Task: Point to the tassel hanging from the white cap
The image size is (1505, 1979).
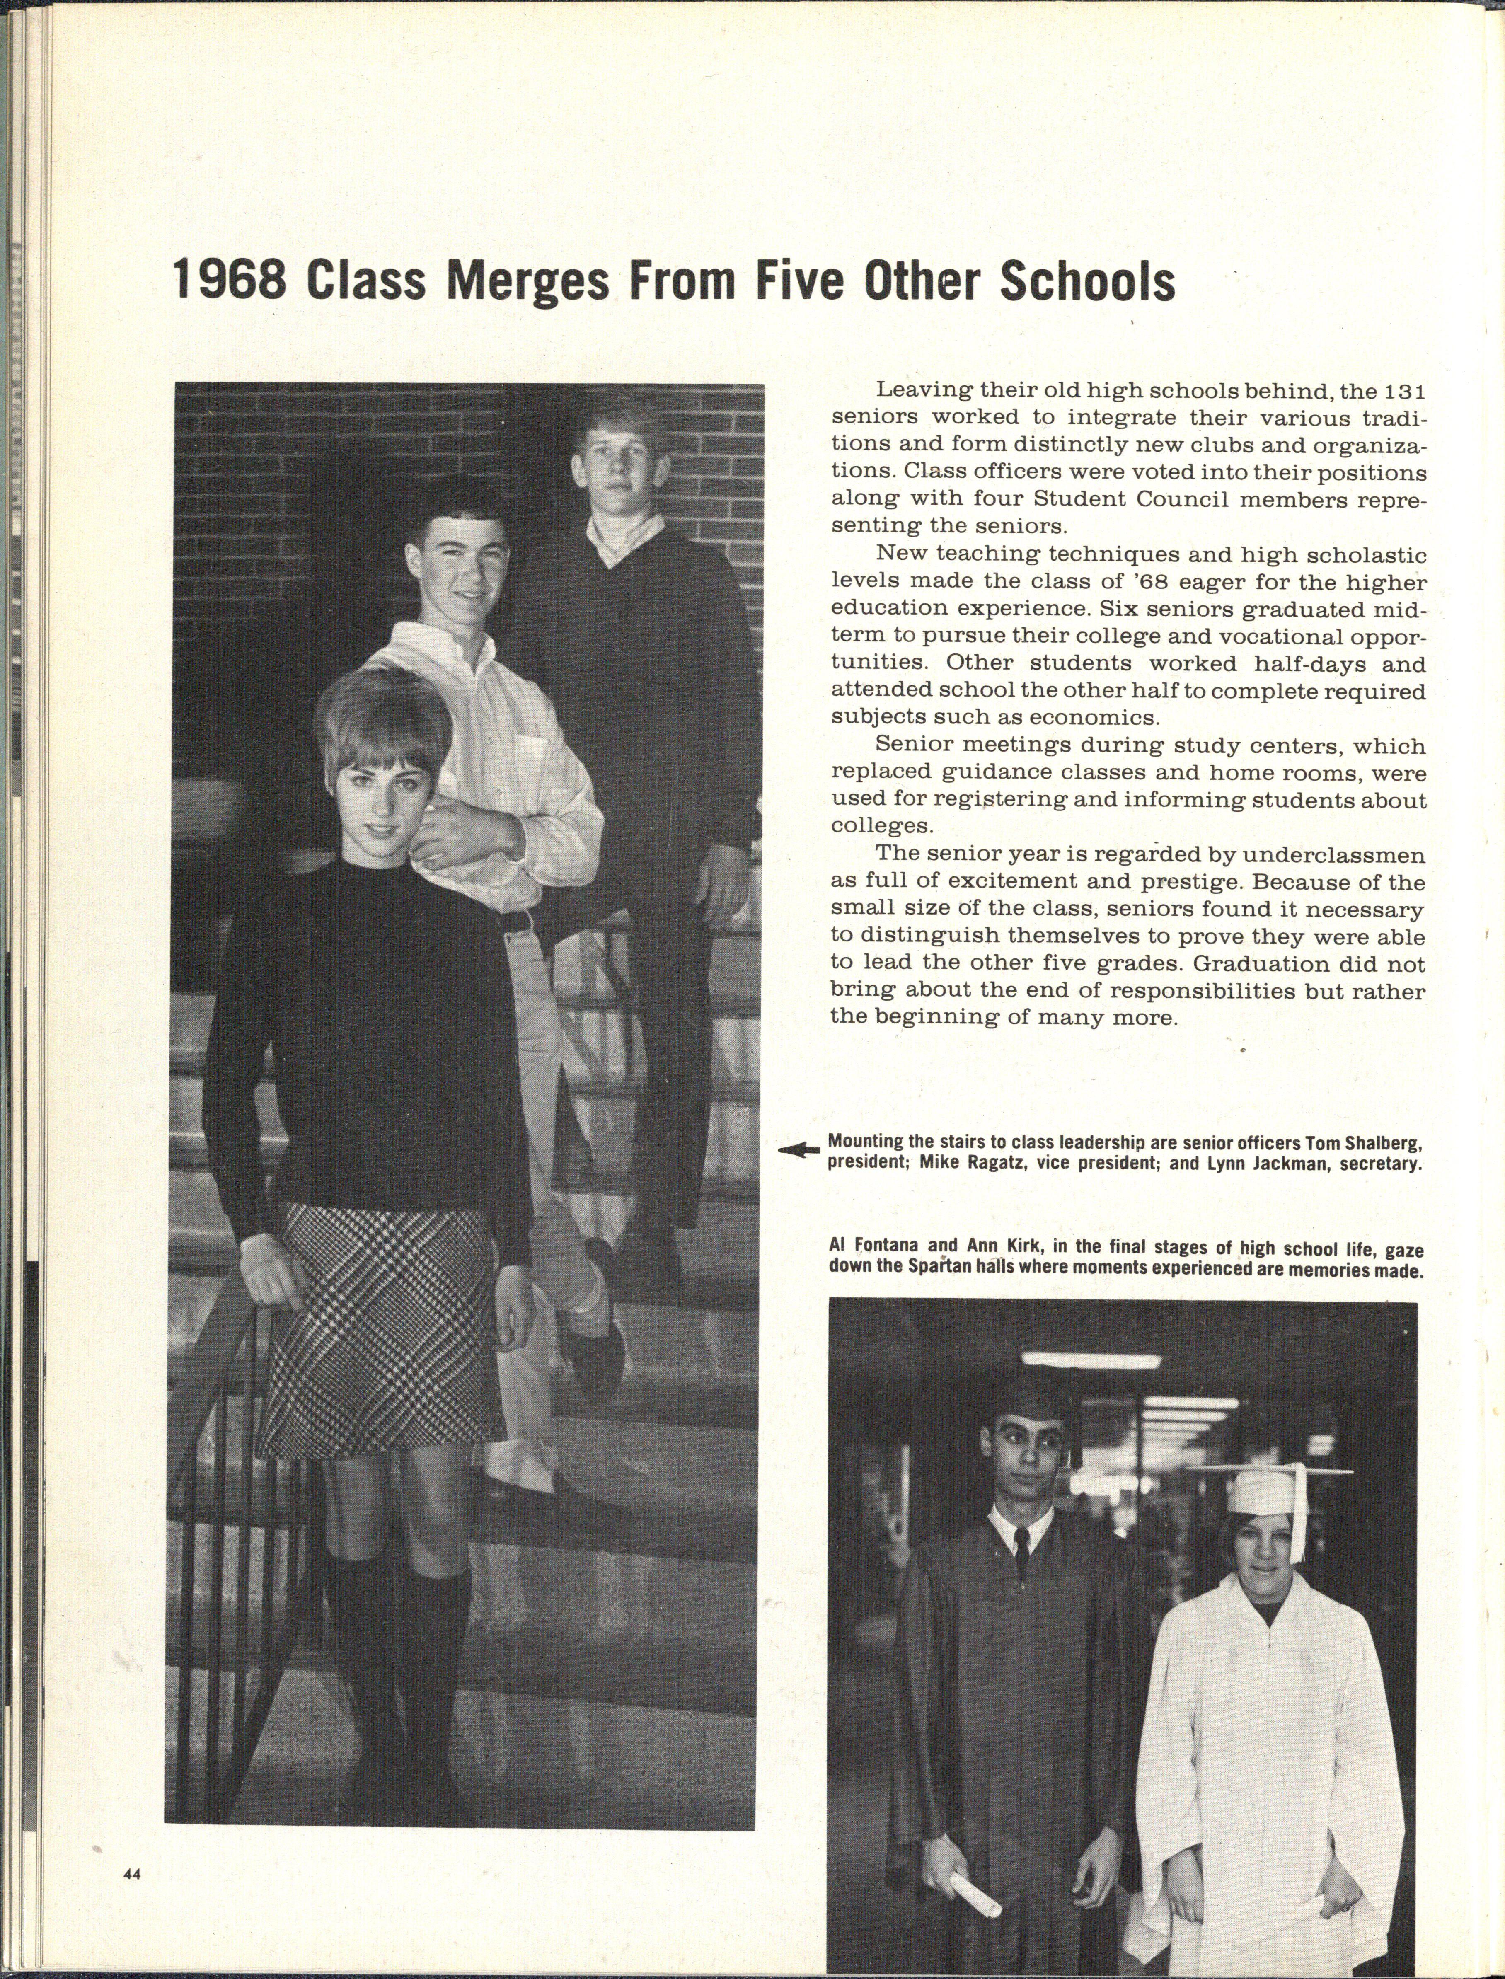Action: (1298, 1514)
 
